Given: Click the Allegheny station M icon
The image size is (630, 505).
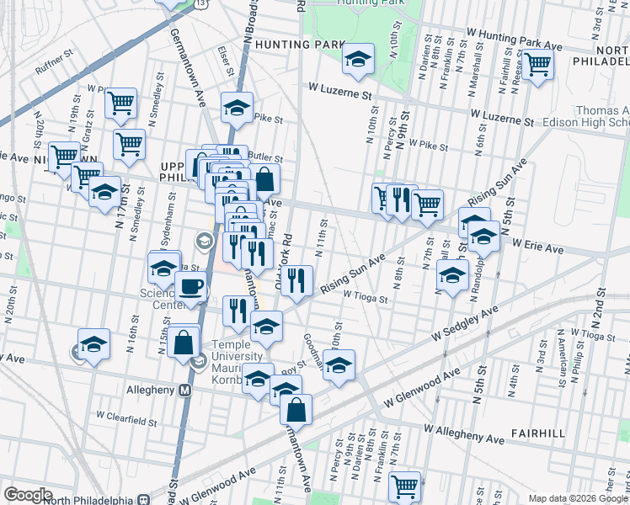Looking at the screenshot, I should tap(184, 390).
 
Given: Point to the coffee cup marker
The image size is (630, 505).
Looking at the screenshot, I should tap(191, 286).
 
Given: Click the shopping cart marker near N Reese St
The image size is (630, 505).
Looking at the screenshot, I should tap(537, 64).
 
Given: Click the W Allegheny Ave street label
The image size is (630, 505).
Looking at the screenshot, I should tap(466, 431).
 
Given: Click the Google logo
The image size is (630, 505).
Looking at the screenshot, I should tap(28, 494).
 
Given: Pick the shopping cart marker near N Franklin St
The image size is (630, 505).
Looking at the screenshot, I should tap(404, 486).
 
